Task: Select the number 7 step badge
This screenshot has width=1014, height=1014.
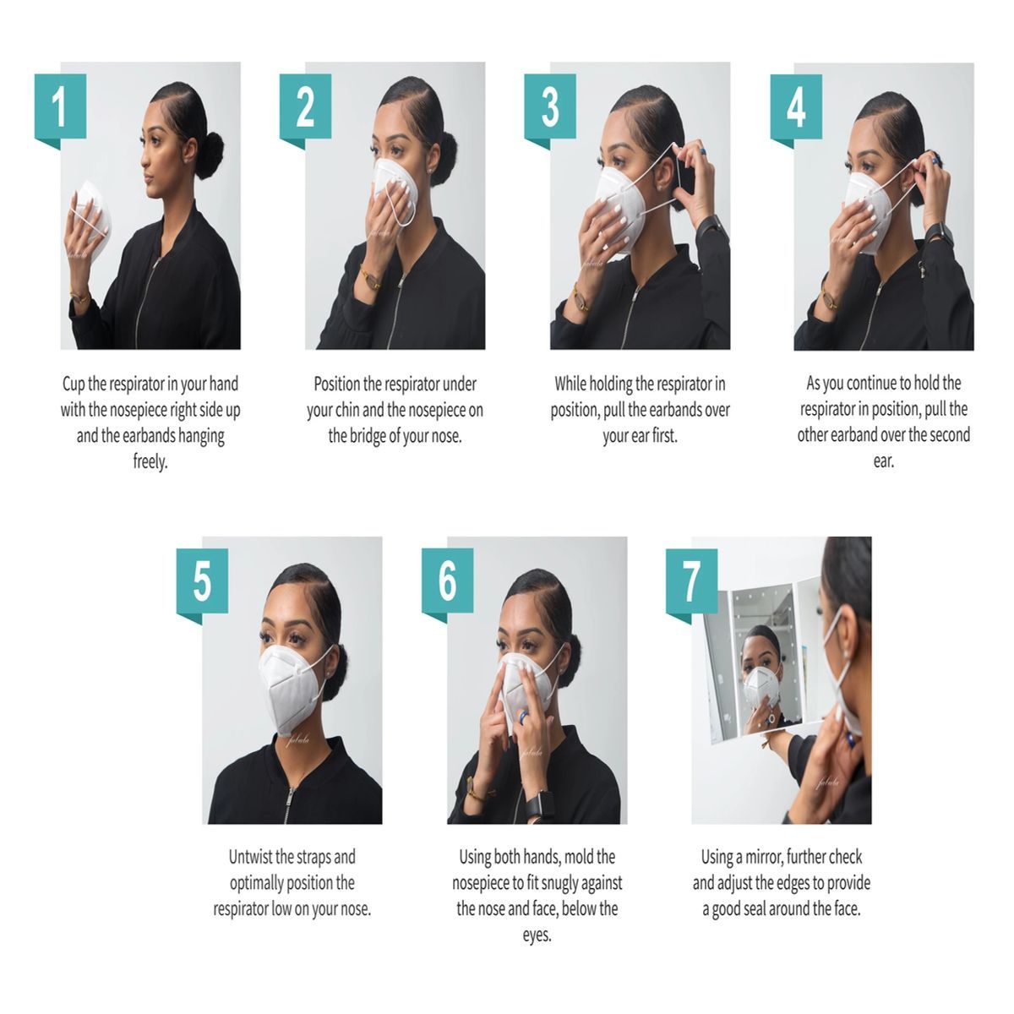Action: pyautogui.click(x=691, y=582)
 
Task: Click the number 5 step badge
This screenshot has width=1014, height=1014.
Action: pyautogui.click(x=202, y=582)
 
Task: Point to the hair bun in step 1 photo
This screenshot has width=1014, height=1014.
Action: pyautogui.click(x=209, y=155)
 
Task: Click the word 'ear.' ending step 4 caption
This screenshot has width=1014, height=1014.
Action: pyautogui.click(x=884, y=461)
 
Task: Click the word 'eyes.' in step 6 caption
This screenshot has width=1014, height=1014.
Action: pyautogui.click(x=537, y=935)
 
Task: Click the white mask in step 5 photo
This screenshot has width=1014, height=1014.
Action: pyautogui.click(x=292, y=689)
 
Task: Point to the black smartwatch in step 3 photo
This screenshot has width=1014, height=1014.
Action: pyautogui.click(x=709, y=226)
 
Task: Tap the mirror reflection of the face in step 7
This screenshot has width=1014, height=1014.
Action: pyautogui.click(x=760, y=673)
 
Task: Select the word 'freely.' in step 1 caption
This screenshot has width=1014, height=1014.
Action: pyautogui.click(x=150, y=462)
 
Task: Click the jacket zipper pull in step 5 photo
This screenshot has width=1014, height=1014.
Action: pyautogui.click(x=288, y=801)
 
